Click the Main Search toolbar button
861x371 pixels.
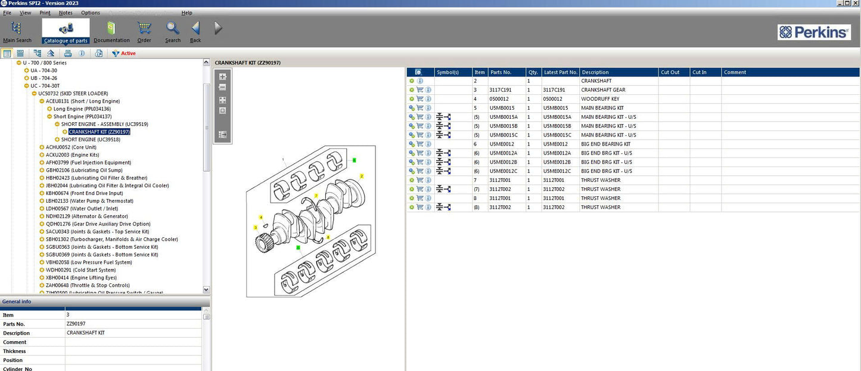point(17,32)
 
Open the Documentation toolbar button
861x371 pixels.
point(111,32)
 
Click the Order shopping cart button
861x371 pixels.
point(144,32)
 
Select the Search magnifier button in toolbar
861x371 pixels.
point(173,32)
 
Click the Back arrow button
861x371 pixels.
point(195,32)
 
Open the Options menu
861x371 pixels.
point(91,13)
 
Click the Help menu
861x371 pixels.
point(187,13)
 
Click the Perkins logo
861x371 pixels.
point(814,32)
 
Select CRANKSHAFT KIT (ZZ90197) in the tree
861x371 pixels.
point(99,132)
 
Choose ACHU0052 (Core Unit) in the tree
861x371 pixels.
point(71,147)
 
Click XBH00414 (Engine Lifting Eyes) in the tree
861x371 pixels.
point(81,278)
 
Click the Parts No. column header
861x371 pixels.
point(501,72)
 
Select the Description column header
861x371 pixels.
point(596,72)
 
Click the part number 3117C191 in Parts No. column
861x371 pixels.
point(501,90)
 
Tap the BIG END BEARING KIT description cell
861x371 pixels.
point(605,144)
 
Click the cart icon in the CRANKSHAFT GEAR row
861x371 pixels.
point(419,90)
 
